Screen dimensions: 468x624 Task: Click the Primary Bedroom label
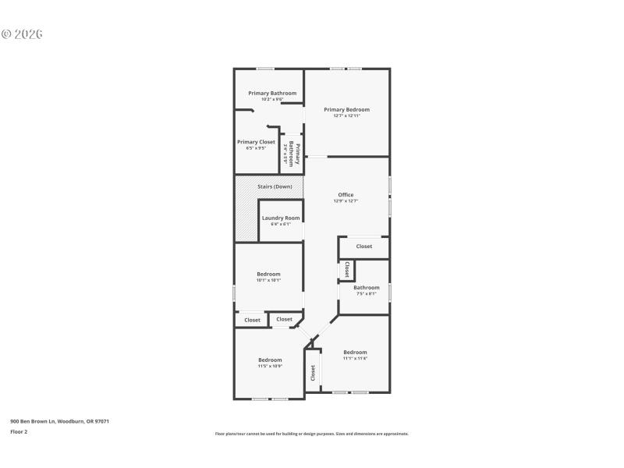(346, 110)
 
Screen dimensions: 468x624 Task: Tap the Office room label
(346, 195)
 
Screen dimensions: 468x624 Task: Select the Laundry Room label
(281, 218)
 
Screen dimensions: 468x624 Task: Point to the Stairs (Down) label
(269, 186)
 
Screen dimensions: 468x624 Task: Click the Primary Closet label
(256, 142)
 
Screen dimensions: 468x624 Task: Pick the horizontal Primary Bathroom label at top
(272, 94)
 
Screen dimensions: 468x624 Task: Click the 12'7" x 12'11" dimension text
(346, 116)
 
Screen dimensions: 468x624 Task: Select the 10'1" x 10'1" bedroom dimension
(268, 280)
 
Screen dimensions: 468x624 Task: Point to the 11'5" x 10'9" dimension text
(270, 366)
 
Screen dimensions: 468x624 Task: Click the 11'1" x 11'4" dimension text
(355, 358)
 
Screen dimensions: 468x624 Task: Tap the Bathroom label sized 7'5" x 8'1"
(366, 288)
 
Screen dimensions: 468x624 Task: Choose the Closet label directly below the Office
(364, 246)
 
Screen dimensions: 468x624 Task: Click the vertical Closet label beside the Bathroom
(347, 269)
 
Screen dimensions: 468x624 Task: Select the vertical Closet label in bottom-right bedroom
(314, 373)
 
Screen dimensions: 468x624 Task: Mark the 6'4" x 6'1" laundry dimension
(281, 225)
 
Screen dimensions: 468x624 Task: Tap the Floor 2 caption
(19, 431)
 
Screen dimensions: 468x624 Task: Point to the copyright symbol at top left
(5, 34)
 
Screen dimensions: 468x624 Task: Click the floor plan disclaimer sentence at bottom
(311, 434)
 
